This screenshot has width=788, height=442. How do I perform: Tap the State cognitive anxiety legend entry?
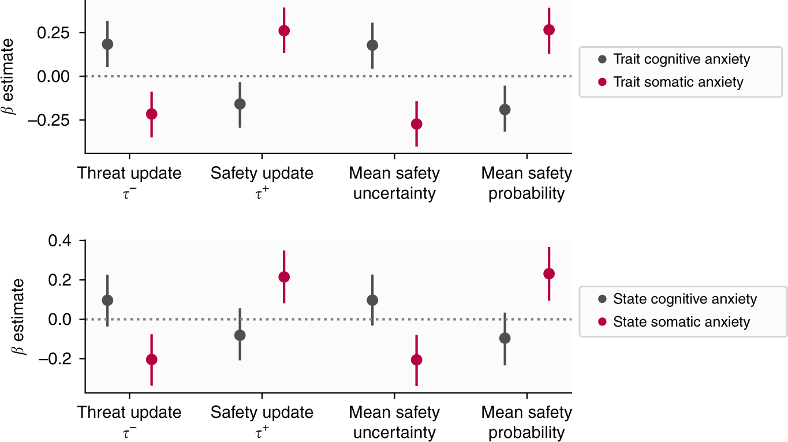[675, 299]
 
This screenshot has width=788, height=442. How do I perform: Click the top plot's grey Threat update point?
[107, 44]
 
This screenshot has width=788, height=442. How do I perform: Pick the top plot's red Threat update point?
[151, 114]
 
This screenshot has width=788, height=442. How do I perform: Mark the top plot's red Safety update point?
[284, 31]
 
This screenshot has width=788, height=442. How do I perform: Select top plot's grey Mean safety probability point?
[505, 109]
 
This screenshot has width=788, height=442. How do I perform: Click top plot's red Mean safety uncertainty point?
[416, 124]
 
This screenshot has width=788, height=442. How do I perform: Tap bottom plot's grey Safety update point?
[240, 335]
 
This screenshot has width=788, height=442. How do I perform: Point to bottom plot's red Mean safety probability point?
[549, 274]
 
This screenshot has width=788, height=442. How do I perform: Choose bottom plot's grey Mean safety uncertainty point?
[372, 300]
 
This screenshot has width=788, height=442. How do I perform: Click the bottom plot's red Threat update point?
[151, 359]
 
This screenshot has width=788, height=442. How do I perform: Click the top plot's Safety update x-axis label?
[262, 182]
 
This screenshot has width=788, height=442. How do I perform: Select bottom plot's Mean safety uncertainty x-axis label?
[394, 422]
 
